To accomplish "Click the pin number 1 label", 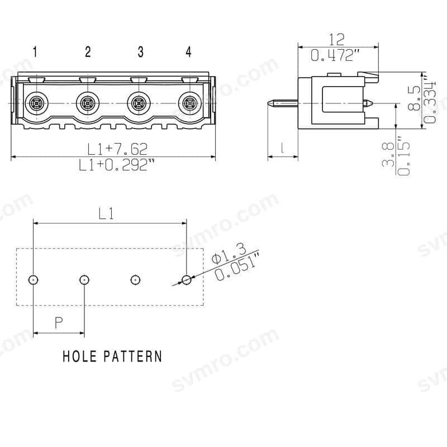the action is (x=35, y=52).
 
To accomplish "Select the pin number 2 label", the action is (x=88, y=52).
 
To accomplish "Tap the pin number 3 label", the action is (x=141, y=52).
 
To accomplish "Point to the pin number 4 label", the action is (x=188, y=52).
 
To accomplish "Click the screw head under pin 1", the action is (x=36, y=103).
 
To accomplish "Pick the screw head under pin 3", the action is (x=139, y=103).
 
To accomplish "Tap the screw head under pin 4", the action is (x=190, y=103).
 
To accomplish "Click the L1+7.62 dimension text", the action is (x=117, y=149).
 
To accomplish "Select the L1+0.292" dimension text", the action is (x=116, y=165).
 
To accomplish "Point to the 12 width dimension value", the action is (x=337, y=40).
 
